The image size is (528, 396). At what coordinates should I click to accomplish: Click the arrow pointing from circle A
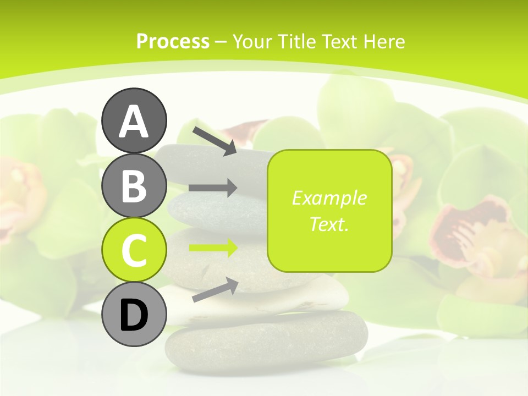pos(215,140)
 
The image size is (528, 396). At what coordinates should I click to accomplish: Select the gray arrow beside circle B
pos(213,188)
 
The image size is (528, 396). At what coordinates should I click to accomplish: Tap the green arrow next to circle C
pos(213,248)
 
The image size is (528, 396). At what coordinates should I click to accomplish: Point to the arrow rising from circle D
pos(215,290)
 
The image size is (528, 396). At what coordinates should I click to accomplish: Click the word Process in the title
pos(173,41)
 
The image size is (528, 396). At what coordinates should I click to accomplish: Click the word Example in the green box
pos(329,198)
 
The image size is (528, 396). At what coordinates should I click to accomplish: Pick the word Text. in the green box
pos(329,224)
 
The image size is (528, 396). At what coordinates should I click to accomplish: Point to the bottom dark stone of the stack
pos(266,339)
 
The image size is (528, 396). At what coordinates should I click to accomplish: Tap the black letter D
pos(134,316)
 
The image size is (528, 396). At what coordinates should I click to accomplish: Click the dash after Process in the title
pos(221,42)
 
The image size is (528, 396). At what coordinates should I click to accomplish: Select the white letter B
pos(134,186)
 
